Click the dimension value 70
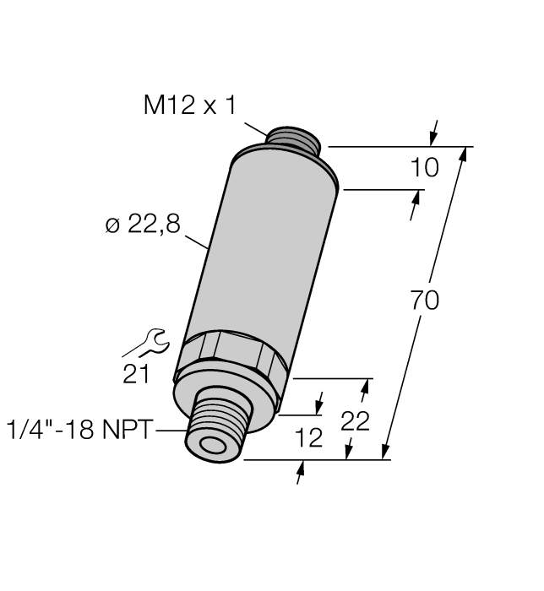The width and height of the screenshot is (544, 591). click(x=425, y=300)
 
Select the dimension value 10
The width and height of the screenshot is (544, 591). click(x=424, y=168)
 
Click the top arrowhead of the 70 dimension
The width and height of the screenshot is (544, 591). click(x=462, y=155)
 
